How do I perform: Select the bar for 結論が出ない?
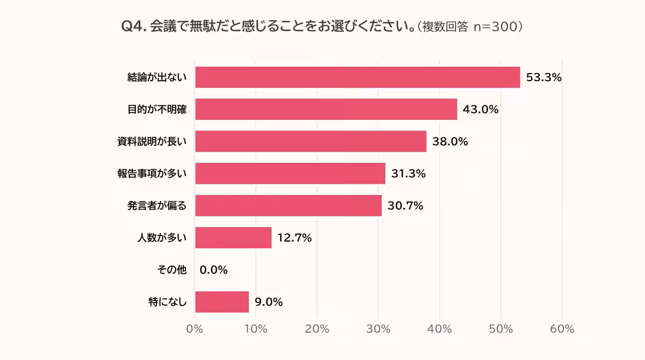pyautogui.click(x=357, y=77)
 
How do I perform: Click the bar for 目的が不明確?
pyautogui.click(x=326, y=110)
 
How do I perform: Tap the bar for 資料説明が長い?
pyautogui.click(x=311, y=141)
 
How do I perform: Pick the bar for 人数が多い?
pyautogui.click(x=233, y=237)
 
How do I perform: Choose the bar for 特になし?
pyautogui.click(x=222, y=302)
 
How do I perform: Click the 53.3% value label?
pyautogui.click(x=543, y=77)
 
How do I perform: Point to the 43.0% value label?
pyautogui.click(x=481, y=110)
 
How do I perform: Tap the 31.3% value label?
pyautogui.click(x=408, y=174)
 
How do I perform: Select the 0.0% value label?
pyautogui.click(x=213, y=270)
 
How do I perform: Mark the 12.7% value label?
pyautogui.click(x=295, y=237)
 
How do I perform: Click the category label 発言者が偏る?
pyautogui.click(x=157, y=206)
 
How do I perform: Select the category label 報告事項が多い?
pyautogui.click(x=152, y=174)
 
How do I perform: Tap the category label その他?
pyautogui.click(x=175, y=270)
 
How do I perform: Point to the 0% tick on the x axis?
pyautogui.click(x=195, y=329)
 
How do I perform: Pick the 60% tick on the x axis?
pyautogui.click(x=562, y=329)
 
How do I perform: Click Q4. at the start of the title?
pyautogui.click(x=134, y=27)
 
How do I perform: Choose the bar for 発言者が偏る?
pyautogui.click(x=288, y=206)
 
